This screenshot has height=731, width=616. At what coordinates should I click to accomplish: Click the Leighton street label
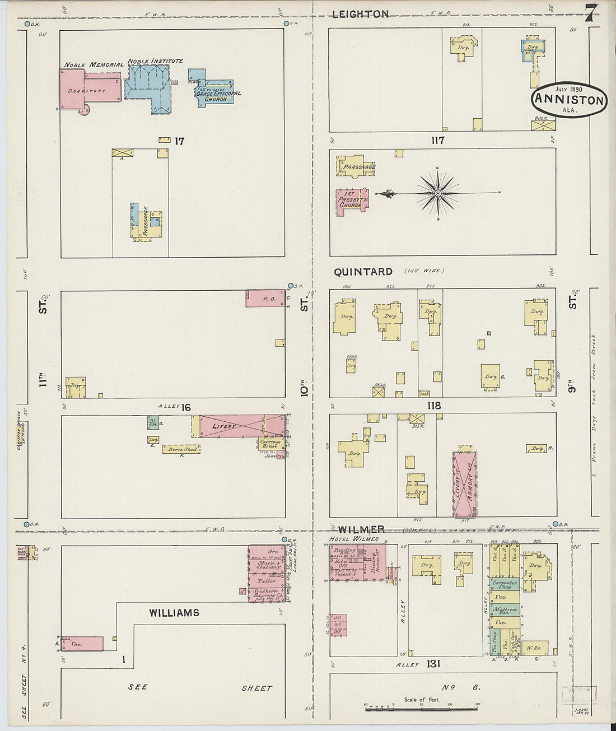click(360, 14)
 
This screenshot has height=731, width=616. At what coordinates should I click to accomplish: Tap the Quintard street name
click(363, 272)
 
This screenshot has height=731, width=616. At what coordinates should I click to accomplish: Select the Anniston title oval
click(569, 100)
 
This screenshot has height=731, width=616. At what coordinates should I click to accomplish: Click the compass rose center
click(437, 194)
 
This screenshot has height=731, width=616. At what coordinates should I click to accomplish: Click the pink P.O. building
click(265, 299)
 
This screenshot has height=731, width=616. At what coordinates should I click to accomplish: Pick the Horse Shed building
click(181, 449)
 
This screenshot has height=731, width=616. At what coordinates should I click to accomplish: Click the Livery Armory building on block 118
click(464, 484)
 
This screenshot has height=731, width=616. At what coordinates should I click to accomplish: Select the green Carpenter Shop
click(505, 585)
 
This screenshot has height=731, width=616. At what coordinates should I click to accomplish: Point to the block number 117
click(438, 140)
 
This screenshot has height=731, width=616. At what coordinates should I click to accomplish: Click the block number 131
click(432, 664)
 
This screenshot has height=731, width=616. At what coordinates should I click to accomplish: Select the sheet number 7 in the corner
click(590, 13)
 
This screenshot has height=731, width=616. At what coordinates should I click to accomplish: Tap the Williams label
click(174, 613)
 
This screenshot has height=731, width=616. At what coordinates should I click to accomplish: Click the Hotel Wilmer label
click(353, 539)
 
